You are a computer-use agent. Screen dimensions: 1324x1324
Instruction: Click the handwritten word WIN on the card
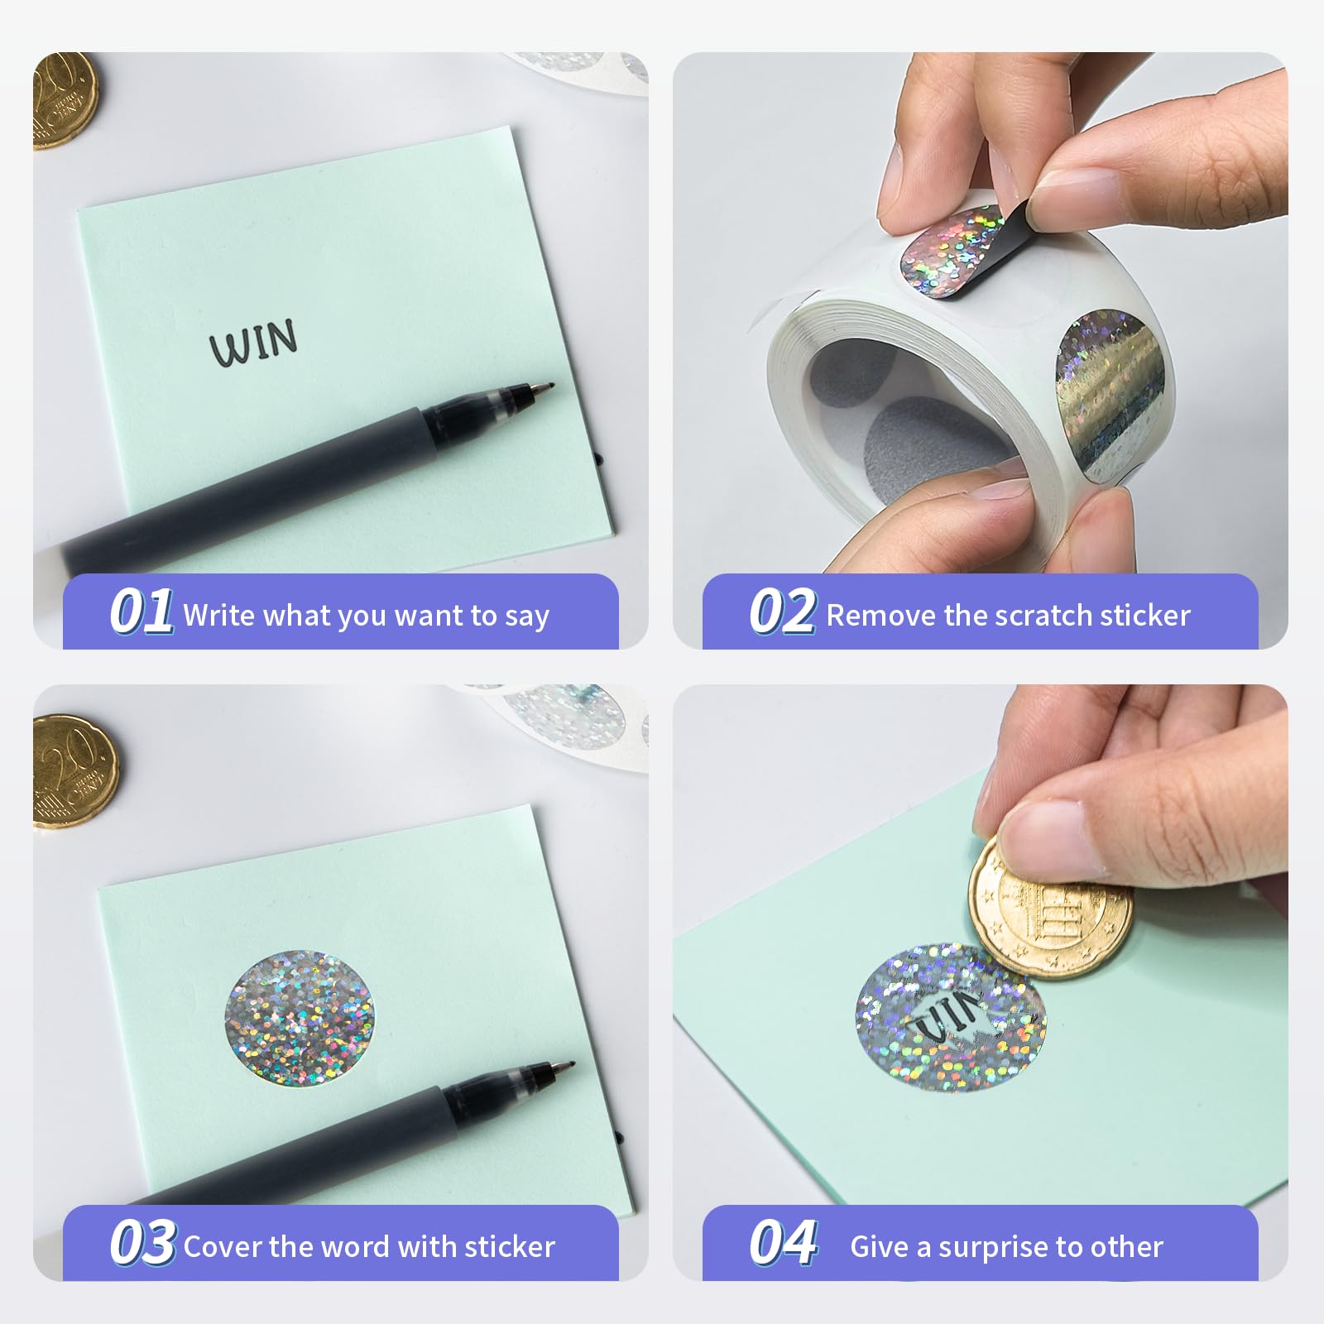[253, 342]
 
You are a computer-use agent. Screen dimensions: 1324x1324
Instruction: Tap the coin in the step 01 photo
[65, 100]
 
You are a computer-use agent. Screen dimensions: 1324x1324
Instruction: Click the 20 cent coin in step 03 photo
[74, 771]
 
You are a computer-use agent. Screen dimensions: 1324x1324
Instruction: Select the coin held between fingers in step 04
[1049, 908]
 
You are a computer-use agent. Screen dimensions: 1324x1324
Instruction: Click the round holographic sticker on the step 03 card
[300, 1018]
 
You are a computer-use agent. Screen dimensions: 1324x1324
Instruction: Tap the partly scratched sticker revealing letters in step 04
[950, 1016]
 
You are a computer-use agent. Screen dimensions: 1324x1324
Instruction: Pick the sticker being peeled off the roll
[964, 250]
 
